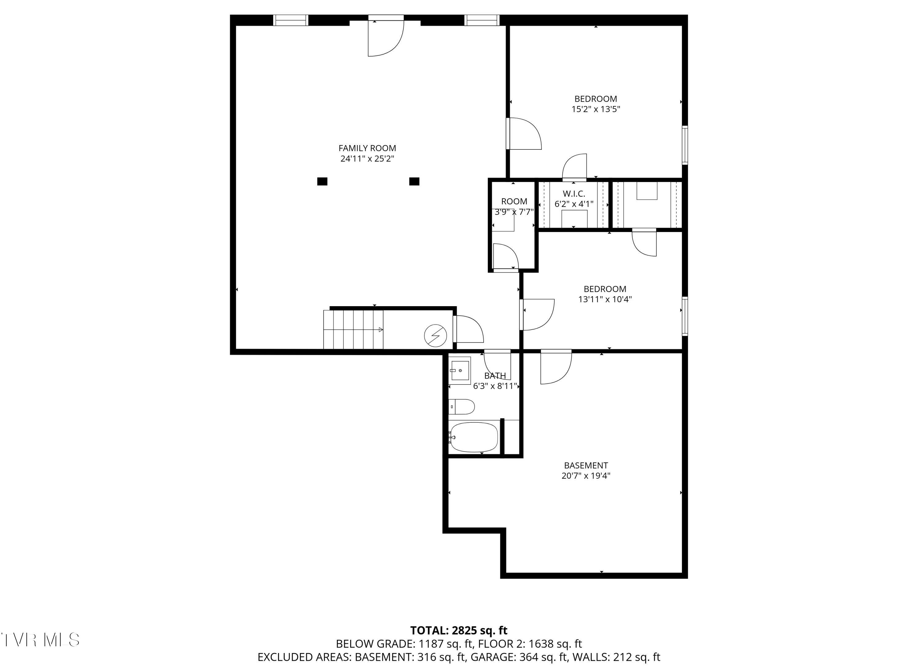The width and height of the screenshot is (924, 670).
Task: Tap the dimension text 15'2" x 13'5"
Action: coord(595,109)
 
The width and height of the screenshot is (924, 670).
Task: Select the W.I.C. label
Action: coord(573,194)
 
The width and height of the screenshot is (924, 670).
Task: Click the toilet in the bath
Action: coord(462,407)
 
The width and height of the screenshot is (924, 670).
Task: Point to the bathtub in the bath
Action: coord(473,437)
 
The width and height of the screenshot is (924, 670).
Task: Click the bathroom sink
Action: coord(460,371)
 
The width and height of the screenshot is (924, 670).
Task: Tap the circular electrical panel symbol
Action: coord(435,335)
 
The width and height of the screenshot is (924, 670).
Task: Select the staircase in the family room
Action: coord(353,329)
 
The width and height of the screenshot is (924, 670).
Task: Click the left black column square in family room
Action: coord(322,181)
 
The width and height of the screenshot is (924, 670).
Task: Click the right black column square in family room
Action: coord(414,181)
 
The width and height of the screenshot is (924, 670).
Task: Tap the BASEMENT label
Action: coord(586,465)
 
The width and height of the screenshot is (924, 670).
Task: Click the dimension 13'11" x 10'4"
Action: coord(605,299)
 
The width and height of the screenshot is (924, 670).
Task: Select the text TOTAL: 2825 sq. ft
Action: coord(458,631)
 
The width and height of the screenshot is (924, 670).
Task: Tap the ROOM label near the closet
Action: coord(514,201)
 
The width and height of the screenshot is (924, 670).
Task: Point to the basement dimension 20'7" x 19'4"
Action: coord(586,476)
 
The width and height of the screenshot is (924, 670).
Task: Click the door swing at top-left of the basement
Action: coord(555,367)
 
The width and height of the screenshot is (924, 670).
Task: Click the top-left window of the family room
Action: coord(290,20)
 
